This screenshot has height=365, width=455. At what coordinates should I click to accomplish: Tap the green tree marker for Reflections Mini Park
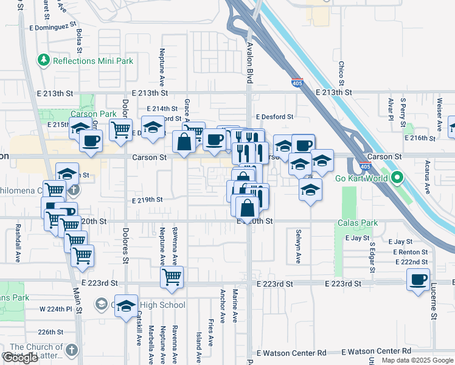[x=43, y=60]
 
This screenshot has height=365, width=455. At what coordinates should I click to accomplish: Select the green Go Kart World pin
[x=397, y=178]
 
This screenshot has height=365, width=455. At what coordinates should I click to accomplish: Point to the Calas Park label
[x=358, y=223]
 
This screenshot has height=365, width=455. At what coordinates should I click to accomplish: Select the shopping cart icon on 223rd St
[x=172, y=277]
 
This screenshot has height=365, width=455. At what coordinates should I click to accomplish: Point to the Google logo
[x=21, y=358]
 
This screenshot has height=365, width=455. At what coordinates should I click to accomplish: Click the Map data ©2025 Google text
[x=417, y=360]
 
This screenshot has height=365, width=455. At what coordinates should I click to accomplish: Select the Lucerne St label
[x=434, y=304]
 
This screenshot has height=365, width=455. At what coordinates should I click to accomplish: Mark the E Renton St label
[x=411, y=252]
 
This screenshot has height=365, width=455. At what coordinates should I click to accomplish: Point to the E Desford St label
[x=274, y=116]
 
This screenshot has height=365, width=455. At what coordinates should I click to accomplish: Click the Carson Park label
[x=93, y=114]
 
